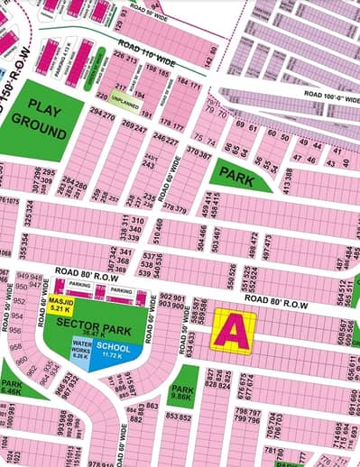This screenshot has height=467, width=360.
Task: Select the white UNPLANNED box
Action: coord(127,104)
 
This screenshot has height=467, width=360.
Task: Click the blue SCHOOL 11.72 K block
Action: coord(114,349)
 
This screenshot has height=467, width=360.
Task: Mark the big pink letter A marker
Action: coord(232,331)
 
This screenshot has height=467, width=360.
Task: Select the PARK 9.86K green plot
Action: coord(181,390)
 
